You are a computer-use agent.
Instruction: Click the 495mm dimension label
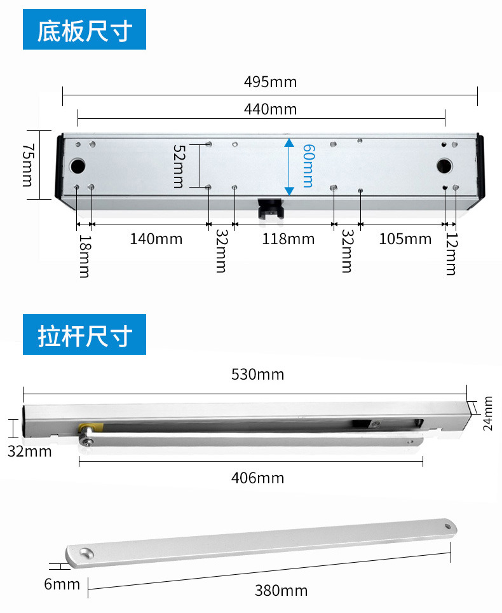tap(270, 82)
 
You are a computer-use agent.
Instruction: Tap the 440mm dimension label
tap(270, 109)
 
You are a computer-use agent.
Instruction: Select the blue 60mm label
tap(309, 166)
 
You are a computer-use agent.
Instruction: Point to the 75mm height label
tap(28, 165)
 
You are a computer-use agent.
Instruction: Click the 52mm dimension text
tap(179, 167)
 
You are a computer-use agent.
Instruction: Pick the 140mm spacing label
tap(156, 239)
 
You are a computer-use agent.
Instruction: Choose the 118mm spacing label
tap(288, 239)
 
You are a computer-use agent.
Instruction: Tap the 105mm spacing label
tap(405, 239)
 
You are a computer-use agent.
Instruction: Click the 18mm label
tap(85, 256)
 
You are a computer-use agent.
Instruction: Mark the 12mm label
tap(452, 254)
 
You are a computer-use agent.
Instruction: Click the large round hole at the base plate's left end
tap(78, 166)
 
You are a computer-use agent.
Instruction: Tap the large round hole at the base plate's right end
tap(444, 166)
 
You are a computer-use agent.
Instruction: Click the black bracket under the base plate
tap(269, 209)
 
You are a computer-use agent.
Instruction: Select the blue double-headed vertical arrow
tap(289, 167)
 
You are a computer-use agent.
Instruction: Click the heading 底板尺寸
tap(85, 30)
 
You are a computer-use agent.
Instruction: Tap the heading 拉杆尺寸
tap(85, 334)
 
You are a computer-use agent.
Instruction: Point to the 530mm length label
tap(257, 375)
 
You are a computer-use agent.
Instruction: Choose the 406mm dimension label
tap(257, 478)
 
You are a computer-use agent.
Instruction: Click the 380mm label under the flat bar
tap(282, 591)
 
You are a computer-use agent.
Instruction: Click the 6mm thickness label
tap(62, 584)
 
